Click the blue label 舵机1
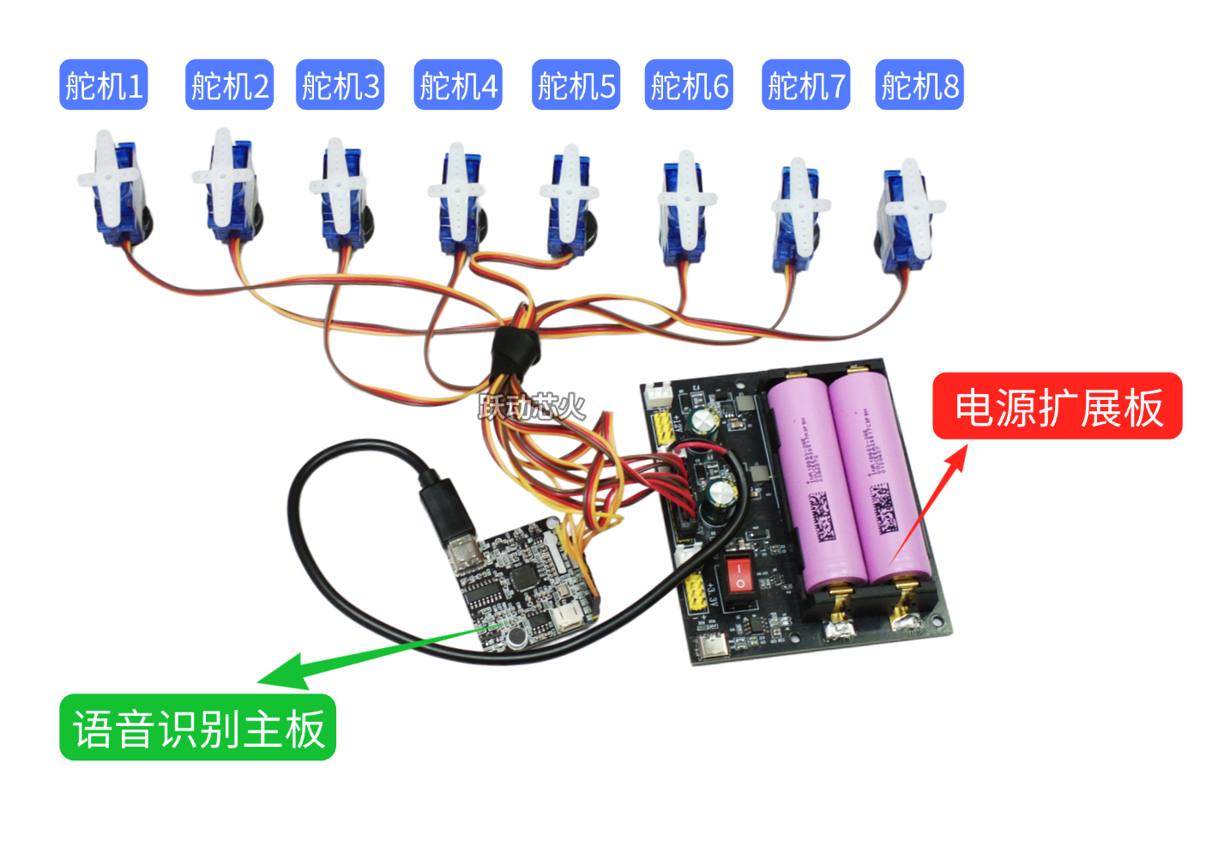(104, 85)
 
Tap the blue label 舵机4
(458, 85)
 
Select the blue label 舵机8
(920, 85)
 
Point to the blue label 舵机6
(689, 85)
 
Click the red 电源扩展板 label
(1058, 407)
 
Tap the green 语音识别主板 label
(197, 728)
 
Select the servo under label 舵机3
(341, 197)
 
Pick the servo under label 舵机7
(798, 215)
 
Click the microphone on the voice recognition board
(516, 636)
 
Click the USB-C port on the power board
(712, 647)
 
